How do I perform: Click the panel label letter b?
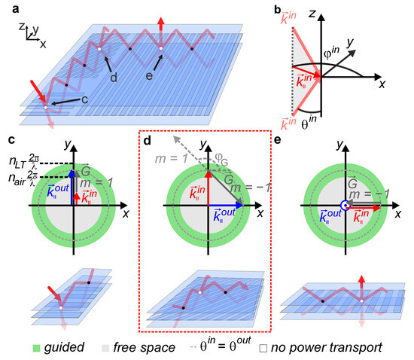tap(278, 8)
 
